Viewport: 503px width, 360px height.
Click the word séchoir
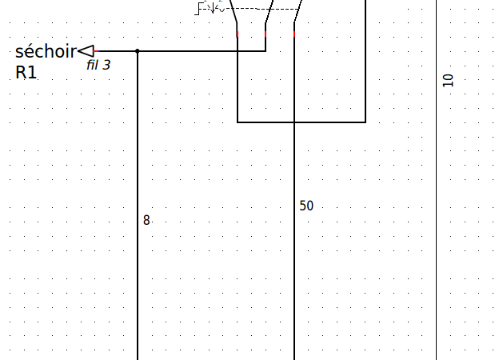[46, 52]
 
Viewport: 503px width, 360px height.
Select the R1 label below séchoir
[26, 73]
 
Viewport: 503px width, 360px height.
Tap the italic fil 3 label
[98, 65]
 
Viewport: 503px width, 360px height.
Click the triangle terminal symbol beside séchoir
[86, 51]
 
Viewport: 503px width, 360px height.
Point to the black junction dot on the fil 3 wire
[138, 51]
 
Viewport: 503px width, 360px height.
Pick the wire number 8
[146, 220]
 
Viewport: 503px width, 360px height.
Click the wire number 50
[306, 206]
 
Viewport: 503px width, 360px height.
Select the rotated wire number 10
[448, 80]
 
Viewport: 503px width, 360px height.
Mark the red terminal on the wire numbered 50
[294, 34]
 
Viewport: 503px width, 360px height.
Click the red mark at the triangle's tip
[96, 51]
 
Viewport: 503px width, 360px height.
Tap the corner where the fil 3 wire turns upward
[265, 51]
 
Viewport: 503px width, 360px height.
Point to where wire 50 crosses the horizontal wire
[294, 122]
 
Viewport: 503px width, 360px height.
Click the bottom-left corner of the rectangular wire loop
[238, 122]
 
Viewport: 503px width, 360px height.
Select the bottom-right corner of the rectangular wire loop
[365, 122]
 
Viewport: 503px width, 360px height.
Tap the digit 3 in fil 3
[107, 65]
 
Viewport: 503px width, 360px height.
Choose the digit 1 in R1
[33, 73]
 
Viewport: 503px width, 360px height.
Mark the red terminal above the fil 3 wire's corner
[265, 34]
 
